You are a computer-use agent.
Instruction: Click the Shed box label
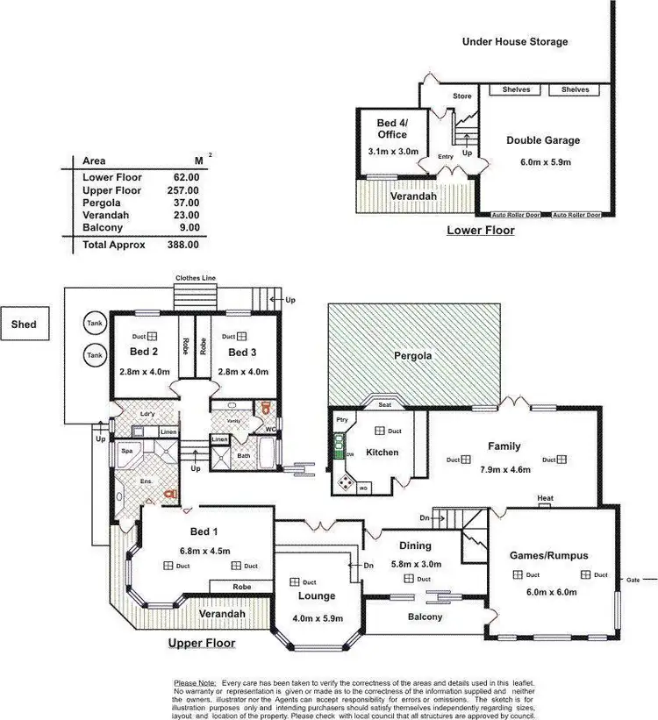24,324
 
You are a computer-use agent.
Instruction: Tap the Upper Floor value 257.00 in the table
183,190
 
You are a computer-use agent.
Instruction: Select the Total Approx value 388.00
183,246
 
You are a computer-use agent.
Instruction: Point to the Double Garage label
543,140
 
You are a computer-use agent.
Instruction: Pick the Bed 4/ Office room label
392,129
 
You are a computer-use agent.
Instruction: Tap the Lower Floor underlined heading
480,231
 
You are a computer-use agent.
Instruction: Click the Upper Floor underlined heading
201,643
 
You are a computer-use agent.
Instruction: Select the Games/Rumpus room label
549,555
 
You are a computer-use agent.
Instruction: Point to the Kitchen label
383,453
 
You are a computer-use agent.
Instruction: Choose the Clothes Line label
195,278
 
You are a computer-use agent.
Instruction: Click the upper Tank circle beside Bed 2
93,323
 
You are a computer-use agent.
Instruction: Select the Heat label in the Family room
546,498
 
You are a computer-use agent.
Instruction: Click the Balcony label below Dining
425,617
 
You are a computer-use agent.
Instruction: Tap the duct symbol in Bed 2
152,336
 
